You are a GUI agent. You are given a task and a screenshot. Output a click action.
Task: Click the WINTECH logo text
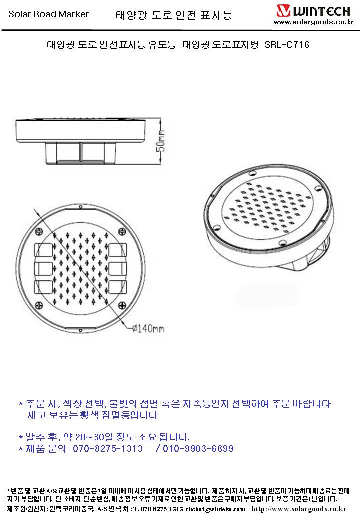321,12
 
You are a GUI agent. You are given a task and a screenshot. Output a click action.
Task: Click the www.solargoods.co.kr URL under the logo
314,22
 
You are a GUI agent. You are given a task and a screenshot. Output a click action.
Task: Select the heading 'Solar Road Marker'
48,14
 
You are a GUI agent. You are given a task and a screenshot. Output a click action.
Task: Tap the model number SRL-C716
287,45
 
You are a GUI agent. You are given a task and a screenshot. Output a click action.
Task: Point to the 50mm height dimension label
161,141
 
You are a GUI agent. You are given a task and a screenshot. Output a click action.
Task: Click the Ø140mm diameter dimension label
148,328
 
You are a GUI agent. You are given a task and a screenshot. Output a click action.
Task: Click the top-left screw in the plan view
39,232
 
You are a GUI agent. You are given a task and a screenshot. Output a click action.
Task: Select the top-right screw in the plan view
122,232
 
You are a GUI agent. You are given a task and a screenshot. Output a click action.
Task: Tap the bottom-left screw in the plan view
39,305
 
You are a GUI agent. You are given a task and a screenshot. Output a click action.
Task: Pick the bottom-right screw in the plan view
122,305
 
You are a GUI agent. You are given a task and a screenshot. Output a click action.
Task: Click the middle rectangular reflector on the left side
43,269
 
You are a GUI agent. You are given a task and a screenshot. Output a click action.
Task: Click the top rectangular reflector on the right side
117,250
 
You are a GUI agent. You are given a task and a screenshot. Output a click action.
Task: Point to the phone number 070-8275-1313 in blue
108,449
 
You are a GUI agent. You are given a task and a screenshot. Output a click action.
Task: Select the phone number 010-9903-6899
198,449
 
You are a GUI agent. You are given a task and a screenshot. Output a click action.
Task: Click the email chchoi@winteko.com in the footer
215,509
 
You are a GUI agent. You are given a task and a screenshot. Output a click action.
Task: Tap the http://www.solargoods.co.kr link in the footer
298,509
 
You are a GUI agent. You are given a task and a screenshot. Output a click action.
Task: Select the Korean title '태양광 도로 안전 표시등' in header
174,15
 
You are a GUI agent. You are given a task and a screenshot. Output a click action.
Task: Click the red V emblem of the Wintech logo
284,11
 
